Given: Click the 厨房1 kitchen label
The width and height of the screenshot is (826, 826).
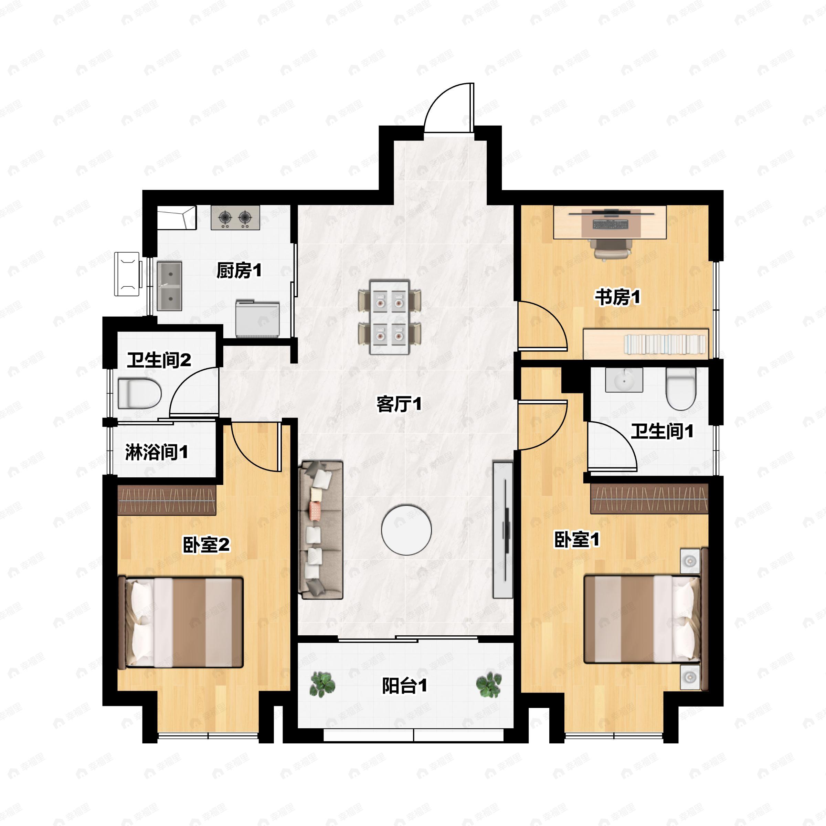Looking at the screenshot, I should tap(239, 271).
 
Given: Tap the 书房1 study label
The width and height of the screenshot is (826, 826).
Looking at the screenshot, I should tap(618, 297).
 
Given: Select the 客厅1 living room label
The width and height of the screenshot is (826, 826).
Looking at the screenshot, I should tap(399, 404).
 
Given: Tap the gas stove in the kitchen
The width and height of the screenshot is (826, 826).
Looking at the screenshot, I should tap(235, 218).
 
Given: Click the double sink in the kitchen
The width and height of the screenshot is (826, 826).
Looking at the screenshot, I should tap(170, 286).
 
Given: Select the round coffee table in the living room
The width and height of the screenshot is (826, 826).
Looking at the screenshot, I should tap(406, 530).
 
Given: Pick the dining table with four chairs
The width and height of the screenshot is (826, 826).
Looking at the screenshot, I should tap(390, 317).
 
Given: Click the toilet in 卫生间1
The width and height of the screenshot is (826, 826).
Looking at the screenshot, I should tap(681, 389).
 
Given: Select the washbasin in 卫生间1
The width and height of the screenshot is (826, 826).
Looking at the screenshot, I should tap(624, 380).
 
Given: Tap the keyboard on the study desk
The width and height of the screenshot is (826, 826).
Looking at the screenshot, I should tap(611, 224).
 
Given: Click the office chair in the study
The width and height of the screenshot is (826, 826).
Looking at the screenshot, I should tap(612, 249).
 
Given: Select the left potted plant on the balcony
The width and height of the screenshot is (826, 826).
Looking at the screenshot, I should tap(322, 684).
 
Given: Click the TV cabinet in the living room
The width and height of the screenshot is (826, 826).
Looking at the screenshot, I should tap(503, 529).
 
